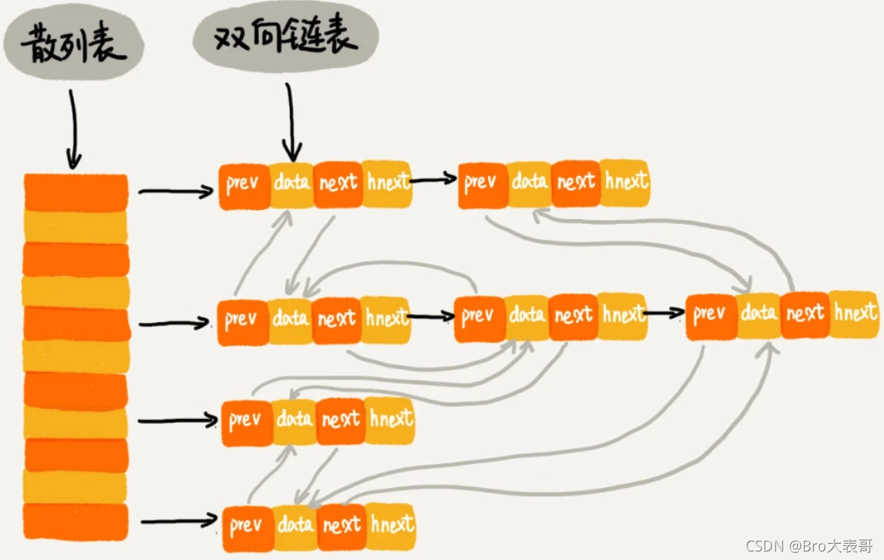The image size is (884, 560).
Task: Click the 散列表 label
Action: tap(74, 46)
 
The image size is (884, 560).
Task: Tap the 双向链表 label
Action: tap(286, 36)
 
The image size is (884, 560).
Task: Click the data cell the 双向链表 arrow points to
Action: tap(292, 184)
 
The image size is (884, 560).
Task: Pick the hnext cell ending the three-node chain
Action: tap(854, 314)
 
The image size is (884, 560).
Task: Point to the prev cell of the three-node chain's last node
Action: tap(710, 315)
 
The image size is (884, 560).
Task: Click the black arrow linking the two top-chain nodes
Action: tap(433, 181)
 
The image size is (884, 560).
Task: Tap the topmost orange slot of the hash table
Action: tap(75, 192)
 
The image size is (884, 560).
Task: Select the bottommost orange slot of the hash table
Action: tap(75, 521)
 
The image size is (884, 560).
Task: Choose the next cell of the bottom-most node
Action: tap(342, 526)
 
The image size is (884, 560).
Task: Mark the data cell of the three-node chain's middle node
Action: tap(528, 315)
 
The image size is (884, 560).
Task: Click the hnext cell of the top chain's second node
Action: tap(625, 183)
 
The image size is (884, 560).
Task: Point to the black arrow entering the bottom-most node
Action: tap(178, 519)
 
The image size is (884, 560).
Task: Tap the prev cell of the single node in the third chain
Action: tap(246, 421)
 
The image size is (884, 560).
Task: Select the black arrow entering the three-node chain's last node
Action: tap(665, 314)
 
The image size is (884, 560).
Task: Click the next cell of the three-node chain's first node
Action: tap(337, 318)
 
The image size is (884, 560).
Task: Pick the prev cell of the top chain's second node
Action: tap(481, 184)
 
